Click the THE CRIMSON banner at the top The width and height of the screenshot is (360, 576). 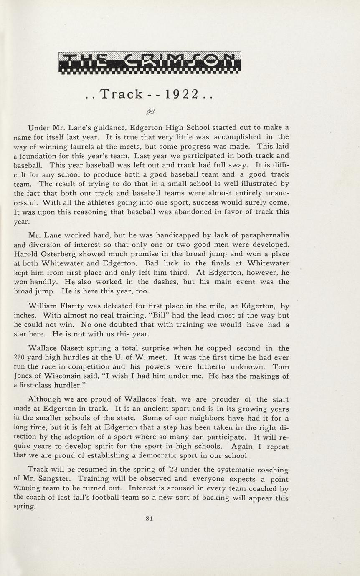[150, 63]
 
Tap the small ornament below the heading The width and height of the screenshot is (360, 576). [150, 111]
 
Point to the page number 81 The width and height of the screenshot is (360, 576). [150, 519]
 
